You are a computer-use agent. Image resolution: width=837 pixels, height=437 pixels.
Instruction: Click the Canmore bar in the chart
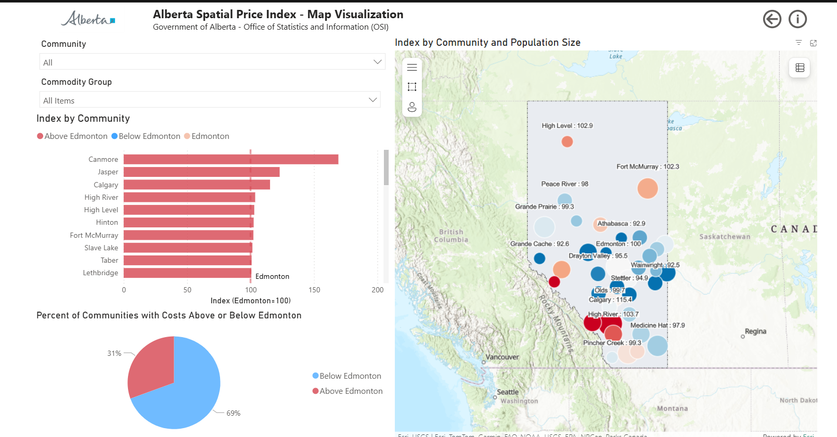tap(230, 159)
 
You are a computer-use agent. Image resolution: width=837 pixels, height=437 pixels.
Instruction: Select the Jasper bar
tap(201, 172)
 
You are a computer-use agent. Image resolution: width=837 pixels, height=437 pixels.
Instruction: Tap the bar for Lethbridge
tap(187, 273)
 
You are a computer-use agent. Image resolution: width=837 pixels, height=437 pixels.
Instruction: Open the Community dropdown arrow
tap(378, 62)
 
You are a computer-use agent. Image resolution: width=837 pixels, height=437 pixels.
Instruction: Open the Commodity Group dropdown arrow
tap(373, 100)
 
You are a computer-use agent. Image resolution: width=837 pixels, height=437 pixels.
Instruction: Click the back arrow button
tap(772, 19)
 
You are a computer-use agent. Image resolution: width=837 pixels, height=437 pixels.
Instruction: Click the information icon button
tap(797, 19)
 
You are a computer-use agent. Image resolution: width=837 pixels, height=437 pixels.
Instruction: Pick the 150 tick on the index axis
tap(314, 290)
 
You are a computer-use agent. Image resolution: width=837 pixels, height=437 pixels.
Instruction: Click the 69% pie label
tap(234, 413)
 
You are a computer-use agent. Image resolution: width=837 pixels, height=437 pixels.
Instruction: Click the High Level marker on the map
tap(567, 142)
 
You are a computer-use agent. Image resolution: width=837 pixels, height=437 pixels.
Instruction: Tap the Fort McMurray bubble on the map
tap(648, 188)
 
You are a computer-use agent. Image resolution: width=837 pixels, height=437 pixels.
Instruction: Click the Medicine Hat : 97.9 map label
tap(658, 325)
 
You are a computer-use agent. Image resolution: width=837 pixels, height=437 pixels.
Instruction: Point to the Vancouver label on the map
tap(502, 357)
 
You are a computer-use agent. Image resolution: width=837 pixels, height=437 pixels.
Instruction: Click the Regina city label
tap(755, 331)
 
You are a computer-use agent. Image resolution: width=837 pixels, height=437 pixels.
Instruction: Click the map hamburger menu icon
tap(412, 67)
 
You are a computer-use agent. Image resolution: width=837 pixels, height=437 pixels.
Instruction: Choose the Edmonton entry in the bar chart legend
tap(210, 136)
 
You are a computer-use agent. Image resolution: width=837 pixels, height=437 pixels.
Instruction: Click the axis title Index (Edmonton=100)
tap(250, 301)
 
